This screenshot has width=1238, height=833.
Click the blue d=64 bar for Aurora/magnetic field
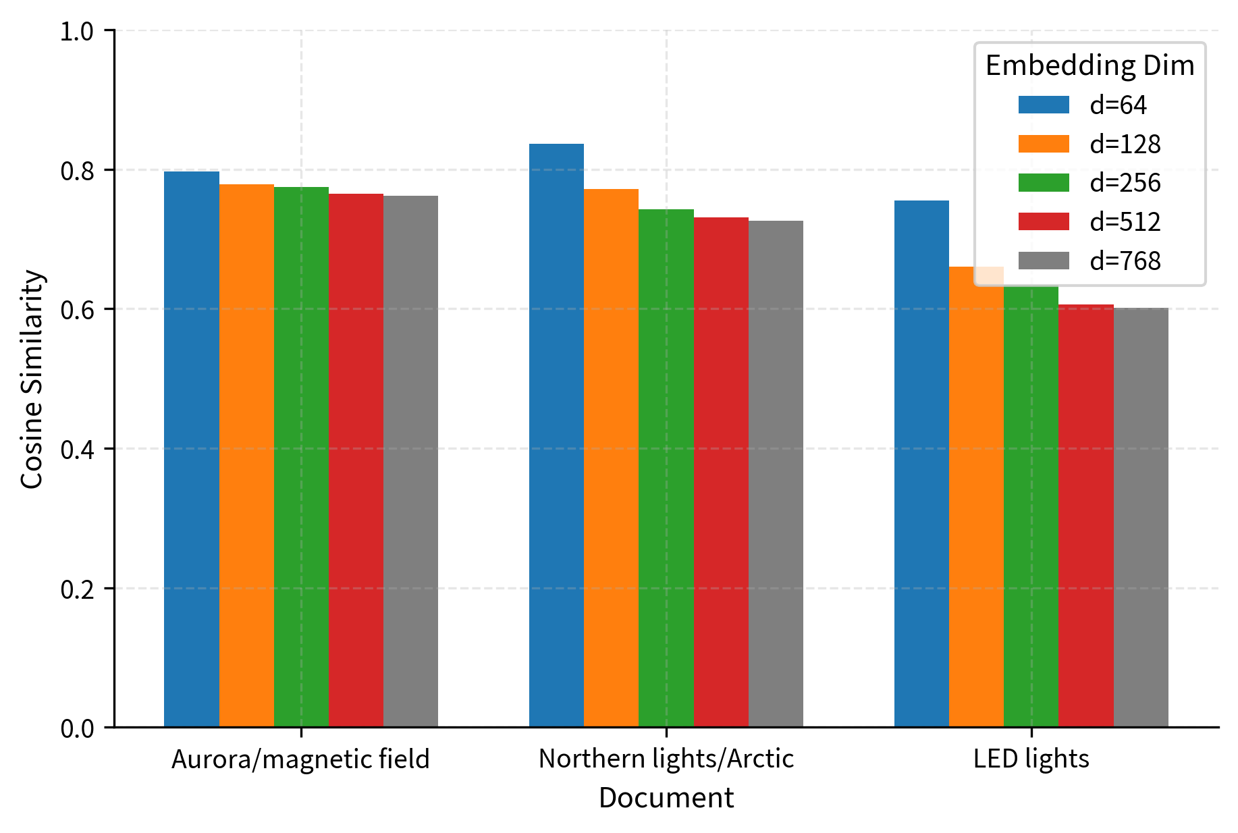coord(192,449)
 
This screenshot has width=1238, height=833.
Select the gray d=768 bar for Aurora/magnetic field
coord(410,461)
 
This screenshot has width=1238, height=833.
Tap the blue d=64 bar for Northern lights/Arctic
coord(556,435)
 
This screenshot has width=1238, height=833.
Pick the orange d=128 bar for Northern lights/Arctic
coord(611,458)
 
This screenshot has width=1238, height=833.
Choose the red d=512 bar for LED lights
coord(1085,516)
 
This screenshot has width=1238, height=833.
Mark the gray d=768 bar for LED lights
coord(1140,517)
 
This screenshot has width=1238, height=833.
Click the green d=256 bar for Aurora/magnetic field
coord(301,457)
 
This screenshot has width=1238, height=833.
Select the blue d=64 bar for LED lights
coord(921,464)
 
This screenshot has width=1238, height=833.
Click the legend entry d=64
coord(1118,105)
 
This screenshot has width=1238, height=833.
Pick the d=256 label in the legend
coord(1125,183)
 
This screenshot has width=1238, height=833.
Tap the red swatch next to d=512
coord(1044,221)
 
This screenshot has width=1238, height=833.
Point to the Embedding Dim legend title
coord(1089,65)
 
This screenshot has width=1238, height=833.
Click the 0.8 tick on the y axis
coord(77,170)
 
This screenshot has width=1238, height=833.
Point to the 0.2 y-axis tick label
coord(77,589)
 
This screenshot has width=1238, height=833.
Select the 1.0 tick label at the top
coord(77,31)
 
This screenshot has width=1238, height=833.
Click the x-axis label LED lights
coord(1031,759)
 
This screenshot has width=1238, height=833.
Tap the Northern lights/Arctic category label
coord(666,759)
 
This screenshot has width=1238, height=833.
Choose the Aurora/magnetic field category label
coord(300,759)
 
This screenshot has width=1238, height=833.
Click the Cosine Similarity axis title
coord(32,379)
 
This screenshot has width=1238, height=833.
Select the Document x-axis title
coord(666,798)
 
